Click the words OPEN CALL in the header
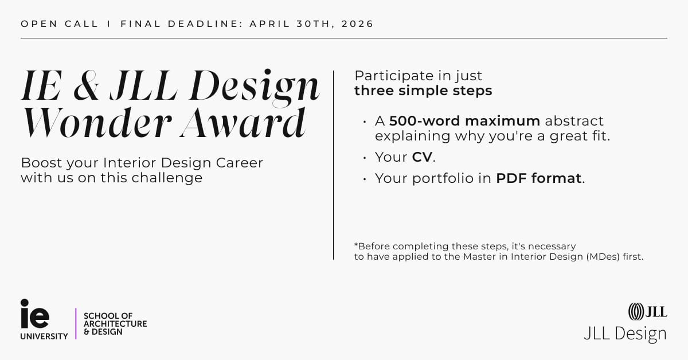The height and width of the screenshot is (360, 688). (60, 24)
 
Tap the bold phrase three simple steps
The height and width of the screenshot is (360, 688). (423, 91)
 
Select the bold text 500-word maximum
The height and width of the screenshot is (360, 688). (464, 121)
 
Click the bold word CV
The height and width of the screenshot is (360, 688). (421, 157)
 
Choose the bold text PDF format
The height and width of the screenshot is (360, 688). (539, 178)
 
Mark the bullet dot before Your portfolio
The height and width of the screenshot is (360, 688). (364, 179)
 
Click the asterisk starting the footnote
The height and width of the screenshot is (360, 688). (356, 245)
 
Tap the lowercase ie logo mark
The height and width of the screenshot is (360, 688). (35, 314)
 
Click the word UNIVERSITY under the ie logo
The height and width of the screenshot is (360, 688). (44, 336)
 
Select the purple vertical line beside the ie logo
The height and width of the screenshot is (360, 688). (76, 323)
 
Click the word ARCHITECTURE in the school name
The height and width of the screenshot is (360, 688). (115, 324)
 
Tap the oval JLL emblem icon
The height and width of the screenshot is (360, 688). (635, 311)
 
